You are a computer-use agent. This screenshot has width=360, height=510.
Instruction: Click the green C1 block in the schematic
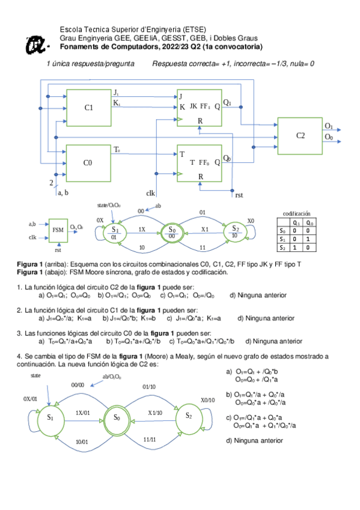click(x=88, y=108)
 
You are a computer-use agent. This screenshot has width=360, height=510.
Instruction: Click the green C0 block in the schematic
click(x=88, y=162)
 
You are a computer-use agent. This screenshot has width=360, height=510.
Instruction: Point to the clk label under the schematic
click(x=150, y=193)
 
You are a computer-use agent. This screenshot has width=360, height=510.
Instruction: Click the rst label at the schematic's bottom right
click(x=239, y=195)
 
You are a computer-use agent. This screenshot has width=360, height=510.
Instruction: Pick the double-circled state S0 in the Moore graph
click(x=171, y=232)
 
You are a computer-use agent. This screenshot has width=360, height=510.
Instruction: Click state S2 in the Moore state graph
click(x=235, y=232)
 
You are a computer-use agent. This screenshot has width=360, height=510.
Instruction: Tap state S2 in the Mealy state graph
click(x=188, y=416)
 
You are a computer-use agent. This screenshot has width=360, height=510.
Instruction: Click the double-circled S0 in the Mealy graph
click(x=117, y=417)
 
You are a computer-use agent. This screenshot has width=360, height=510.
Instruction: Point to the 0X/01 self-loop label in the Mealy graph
click(x=31, y=399)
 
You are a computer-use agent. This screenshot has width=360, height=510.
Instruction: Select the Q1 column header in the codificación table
click(x=296, y=222)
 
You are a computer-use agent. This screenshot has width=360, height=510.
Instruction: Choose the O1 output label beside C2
click(x=328, y=126)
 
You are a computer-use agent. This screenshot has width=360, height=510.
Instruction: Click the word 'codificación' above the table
click(x=296, y=214)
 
